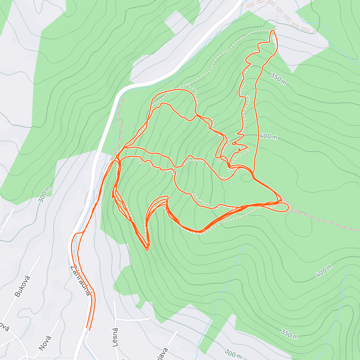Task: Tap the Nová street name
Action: [x=45, y=343]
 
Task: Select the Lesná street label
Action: [x=116, y=337]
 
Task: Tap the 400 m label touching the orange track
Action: [x=268, y=136]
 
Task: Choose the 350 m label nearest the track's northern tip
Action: [x=278, y=79]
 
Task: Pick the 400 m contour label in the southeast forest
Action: [x=324, y=271]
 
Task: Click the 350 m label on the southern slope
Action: [x=289, y=333]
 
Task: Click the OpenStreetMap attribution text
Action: [x=60, y=356]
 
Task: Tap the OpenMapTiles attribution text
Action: [x=30, y=356]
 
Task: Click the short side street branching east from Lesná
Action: [x=133, y=319]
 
